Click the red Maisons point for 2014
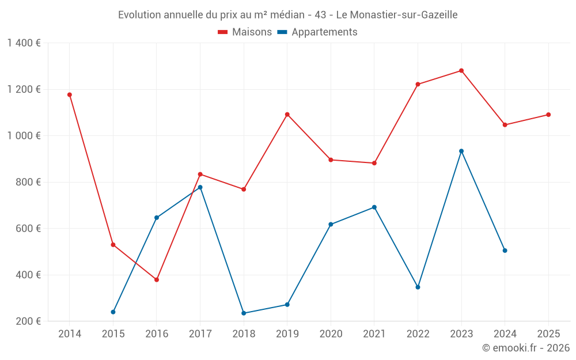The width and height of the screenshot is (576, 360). pos(70,94)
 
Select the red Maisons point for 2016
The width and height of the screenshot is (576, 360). pos(157,279)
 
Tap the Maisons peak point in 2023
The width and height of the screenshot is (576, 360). pos(461,71)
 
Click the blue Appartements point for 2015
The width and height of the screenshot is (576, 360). pos(113,312)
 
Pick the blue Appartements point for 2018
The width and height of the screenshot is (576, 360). pos(244,313)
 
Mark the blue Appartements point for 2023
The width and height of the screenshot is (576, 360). pos(461,151)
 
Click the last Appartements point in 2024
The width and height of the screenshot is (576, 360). pos(505,251)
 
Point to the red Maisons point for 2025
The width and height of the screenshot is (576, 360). pos(548,115)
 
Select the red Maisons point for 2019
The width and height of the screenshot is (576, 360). pos(287,114)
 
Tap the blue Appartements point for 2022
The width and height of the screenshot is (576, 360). pos(418,287)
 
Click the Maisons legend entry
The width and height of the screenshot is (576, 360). pos(245,32)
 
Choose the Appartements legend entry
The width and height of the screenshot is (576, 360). pos(317,32)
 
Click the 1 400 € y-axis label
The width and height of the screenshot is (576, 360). pos(24,43)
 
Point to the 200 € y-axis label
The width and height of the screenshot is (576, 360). pos(28,321)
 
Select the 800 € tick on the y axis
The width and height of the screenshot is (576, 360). pos(28,182)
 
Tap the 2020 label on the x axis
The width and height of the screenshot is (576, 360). pos(331,334)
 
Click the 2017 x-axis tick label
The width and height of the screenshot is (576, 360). pos(200,334)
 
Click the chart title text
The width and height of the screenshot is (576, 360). pos(287,15)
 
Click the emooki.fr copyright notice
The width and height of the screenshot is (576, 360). pos(525,348)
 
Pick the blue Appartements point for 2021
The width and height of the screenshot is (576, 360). pos(374,207)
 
